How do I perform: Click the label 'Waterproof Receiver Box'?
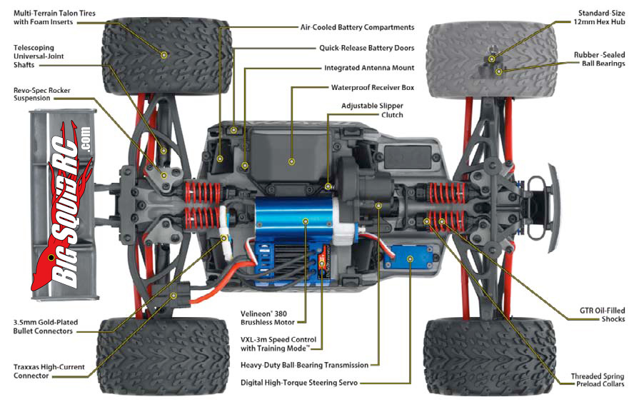pyautogui.click(x=373, y=87)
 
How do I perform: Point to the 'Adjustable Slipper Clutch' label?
pyautogui.click(x=372, y=111)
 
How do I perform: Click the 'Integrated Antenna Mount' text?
pyautogui.click(x=369, y=68)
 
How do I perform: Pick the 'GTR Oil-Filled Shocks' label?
pyautogui.click(x=602, y=314)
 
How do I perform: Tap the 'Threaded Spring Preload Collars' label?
pyautogui.click(x=597, y=380)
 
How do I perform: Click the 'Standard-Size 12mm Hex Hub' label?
pyautogui.click(x=599, y=18)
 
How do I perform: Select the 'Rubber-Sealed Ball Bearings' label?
pyautogui.click(x=599, y=59)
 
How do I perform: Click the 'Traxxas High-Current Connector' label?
pyautogui.click(x=49, y=371)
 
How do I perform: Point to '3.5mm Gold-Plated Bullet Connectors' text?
pyautogui.click(x=45, y=326)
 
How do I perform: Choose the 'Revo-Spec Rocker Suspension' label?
pyautogui.click(x=41, y=94)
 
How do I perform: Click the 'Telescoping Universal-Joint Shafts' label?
pyautogui.click(x=39, y=56)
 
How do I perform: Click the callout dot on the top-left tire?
pyautogui.click(x=163, y=55)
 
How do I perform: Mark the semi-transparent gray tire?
pyautogui.click(x=491, y=60)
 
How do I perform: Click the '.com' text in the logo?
pyautogui.click(x=85, y=140)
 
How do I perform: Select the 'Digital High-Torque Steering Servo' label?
pyautogui.click(x=299, y=383)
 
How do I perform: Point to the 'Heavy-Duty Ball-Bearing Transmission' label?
pyautogui.click(x=304, y=365)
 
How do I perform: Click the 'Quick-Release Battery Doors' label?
pyautogui.click(x=367, y=48)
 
